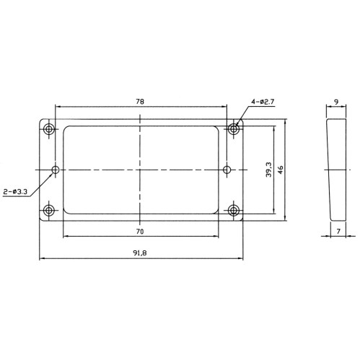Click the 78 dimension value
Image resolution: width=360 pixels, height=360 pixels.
pos(139,102)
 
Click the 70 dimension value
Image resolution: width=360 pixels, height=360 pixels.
pos(139,231)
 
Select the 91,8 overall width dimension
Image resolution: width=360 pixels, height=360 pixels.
pos(139,253)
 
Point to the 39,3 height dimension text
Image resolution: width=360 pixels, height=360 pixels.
pos(268,170)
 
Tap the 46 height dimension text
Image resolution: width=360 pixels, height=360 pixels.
pos(281,170)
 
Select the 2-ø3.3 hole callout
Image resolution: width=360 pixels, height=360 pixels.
pos(16,191)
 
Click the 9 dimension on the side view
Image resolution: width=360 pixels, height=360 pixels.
pos(336,102)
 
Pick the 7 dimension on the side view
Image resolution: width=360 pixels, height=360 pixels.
pos(338,231)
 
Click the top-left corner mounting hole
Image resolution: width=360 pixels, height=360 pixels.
pos(49,130)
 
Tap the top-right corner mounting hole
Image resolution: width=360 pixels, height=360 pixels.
pos(234,129)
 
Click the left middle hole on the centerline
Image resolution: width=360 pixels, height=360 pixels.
pos(56,170)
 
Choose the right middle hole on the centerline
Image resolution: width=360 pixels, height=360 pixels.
pos(227,170)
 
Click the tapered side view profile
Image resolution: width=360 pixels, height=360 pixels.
pos(336,170)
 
